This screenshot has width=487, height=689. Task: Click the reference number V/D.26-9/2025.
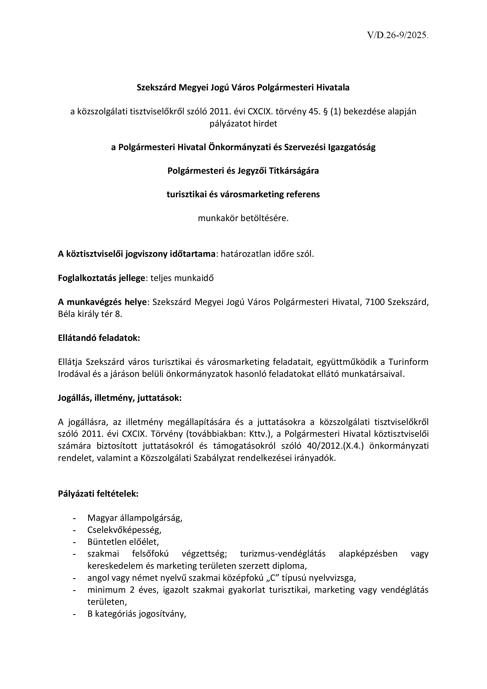click(398, 35)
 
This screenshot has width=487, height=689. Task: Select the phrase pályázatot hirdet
click(243, 124)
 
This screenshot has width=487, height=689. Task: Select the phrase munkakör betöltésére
click(243, 218)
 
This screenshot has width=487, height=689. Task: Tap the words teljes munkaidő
click(182, 278)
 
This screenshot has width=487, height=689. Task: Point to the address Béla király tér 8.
click(90, 315)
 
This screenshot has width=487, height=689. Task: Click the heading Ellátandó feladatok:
click(99, 338)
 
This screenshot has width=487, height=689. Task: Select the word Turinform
click(408, 362)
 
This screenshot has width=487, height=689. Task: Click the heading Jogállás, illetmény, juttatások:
click(120, 398)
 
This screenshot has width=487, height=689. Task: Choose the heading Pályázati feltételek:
click(98, 494)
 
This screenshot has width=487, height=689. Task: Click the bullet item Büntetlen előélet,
click(123, 542)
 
